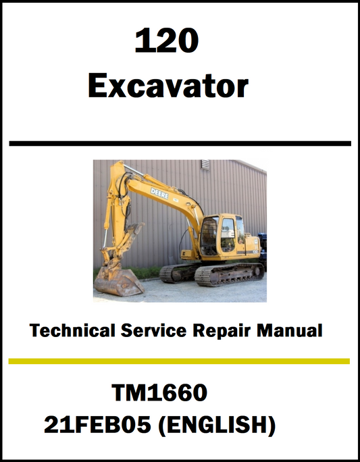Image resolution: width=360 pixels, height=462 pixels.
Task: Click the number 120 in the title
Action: click(x=167, y=43)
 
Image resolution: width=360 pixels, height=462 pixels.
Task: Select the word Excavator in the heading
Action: click(x=168, y=86)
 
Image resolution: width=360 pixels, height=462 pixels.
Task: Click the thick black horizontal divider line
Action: click(x=180, y=143)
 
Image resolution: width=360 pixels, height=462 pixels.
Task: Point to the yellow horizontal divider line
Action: click(x=180, y=361)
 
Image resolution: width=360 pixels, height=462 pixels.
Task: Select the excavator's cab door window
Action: click(x=228, y=229)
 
